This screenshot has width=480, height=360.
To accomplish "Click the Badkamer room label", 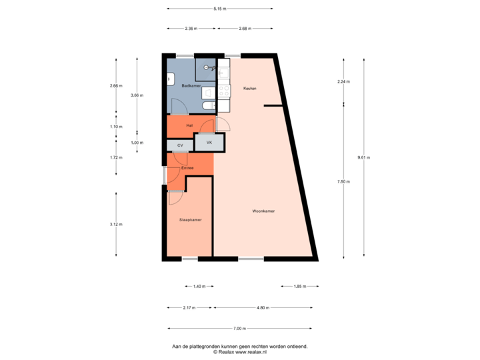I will coord(191,86).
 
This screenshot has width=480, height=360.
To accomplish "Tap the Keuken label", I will coord(250,88).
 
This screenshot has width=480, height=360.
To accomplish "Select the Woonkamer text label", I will coord(264,211).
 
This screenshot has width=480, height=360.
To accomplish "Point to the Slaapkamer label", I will coord(190,219).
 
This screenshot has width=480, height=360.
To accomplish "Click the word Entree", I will coord(188,168).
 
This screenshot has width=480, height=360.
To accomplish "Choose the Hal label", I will coord(190,125).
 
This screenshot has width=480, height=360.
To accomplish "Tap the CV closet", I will coord(180,145).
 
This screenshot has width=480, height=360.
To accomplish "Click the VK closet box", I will coord(209,143).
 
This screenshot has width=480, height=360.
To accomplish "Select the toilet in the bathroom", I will coord(207,106).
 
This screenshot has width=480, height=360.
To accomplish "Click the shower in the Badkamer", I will coord(207,68).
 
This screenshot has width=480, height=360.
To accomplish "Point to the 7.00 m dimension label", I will coord(240,328).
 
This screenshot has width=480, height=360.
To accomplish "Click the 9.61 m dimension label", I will coord(364,157).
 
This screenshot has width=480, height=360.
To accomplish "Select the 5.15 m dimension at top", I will coord(219,9).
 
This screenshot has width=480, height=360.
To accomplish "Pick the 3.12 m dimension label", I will coord(117,224).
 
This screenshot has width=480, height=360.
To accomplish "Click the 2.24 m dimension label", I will coord(343,81).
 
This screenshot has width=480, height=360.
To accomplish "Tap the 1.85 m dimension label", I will coord(300,286).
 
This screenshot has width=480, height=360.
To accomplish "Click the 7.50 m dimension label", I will coord(343,181).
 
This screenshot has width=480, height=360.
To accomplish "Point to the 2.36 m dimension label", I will coord(191,29).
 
